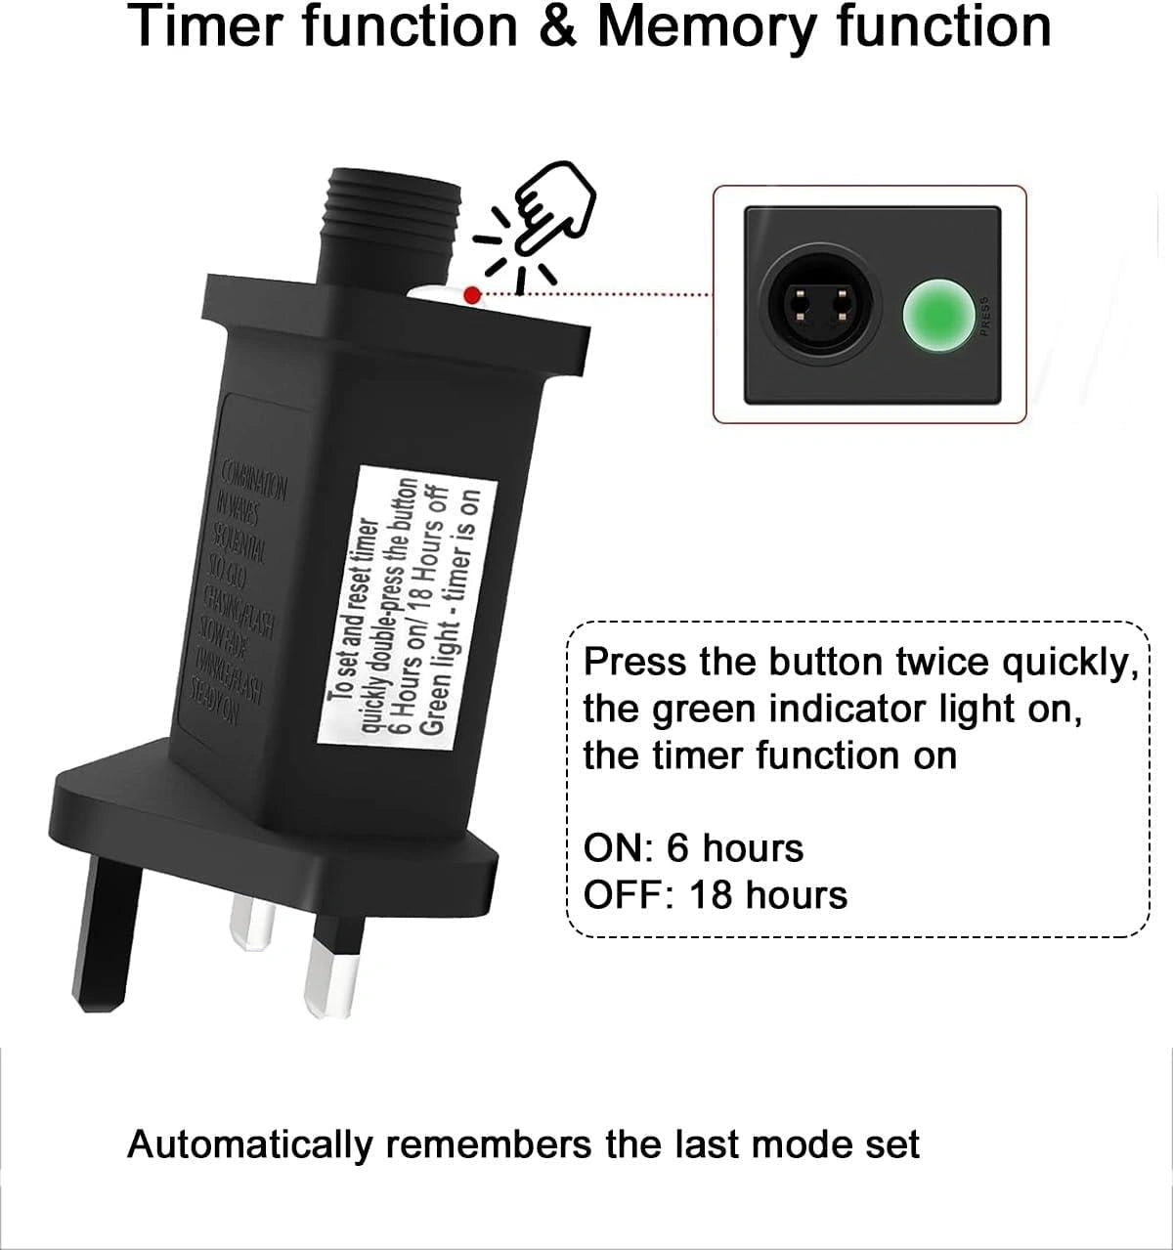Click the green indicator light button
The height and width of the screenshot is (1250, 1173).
tap(933, 313)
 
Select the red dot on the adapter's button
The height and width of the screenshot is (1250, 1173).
tap(472, 294)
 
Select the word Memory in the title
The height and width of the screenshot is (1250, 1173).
tap(705, 26)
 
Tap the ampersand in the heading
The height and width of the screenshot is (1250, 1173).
tap(556, 26)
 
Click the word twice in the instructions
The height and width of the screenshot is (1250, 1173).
tap(943, 662)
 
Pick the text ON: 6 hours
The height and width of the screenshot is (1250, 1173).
tap(693, 847)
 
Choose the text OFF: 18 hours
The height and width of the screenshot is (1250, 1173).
tap(715, 894)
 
